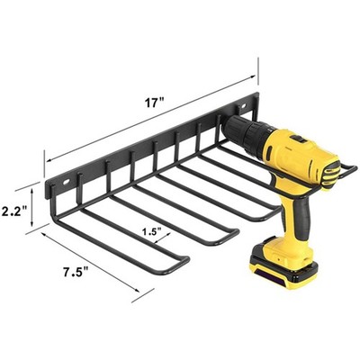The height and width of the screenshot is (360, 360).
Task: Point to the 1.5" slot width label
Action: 152,231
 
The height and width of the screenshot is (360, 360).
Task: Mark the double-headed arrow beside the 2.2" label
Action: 35,208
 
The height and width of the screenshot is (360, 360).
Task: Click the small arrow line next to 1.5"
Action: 152,242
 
